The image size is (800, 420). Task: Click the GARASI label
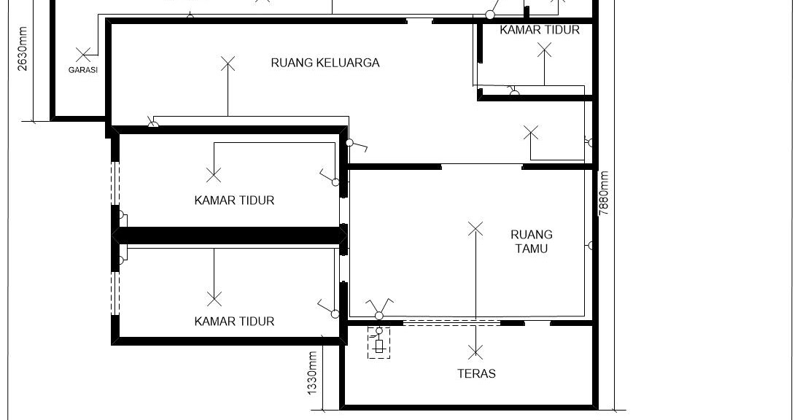pos(83,71)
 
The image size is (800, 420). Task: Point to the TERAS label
pos(476,373)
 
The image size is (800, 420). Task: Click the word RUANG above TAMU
pos(531,235)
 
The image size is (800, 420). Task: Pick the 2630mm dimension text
pos(23,50)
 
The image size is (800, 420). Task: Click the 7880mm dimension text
pos(604,192)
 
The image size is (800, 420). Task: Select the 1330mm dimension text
pos(312,374)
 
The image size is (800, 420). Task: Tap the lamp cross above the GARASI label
pos(83,53)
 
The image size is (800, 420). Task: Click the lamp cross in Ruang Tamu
pos(475,229)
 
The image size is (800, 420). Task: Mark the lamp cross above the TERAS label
pos(475,352)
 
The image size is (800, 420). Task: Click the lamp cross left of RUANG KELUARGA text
pos(228,63)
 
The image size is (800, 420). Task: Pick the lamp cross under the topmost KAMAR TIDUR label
pos(544,50)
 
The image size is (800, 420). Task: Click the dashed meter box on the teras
pos(378,343)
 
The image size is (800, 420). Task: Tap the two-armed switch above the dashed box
pos(379,306)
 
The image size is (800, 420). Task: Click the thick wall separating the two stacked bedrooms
pos(228,236)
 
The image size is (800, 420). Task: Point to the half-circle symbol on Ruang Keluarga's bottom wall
pos(153,125)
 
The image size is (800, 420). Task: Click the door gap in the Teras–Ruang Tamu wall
pos(537,322)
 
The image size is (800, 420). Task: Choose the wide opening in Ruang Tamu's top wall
pos(481,167)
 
